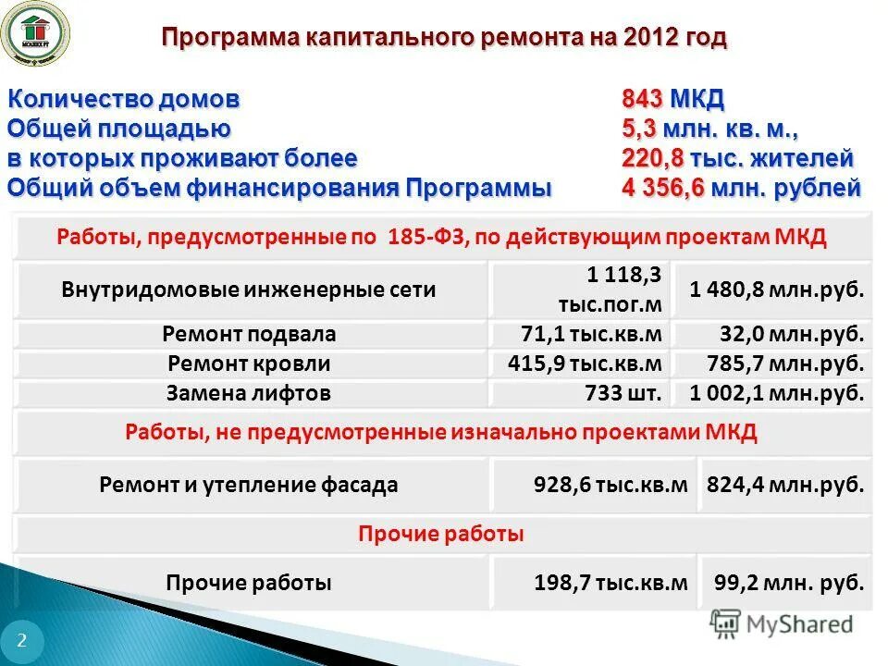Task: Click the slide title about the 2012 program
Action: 444,38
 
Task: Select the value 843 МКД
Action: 672,99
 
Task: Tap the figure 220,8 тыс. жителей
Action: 736,158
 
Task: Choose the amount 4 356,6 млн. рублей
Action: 741,188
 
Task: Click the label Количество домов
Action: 124,99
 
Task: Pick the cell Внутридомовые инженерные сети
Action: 249,290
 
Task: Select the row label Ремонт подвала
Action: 249,334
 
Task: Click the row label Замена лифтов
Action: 249,393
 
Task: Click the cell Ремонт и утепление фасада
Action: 249,484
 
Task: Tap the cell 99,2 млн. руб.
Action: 789,584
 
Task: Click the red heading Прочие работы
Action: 441,534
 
